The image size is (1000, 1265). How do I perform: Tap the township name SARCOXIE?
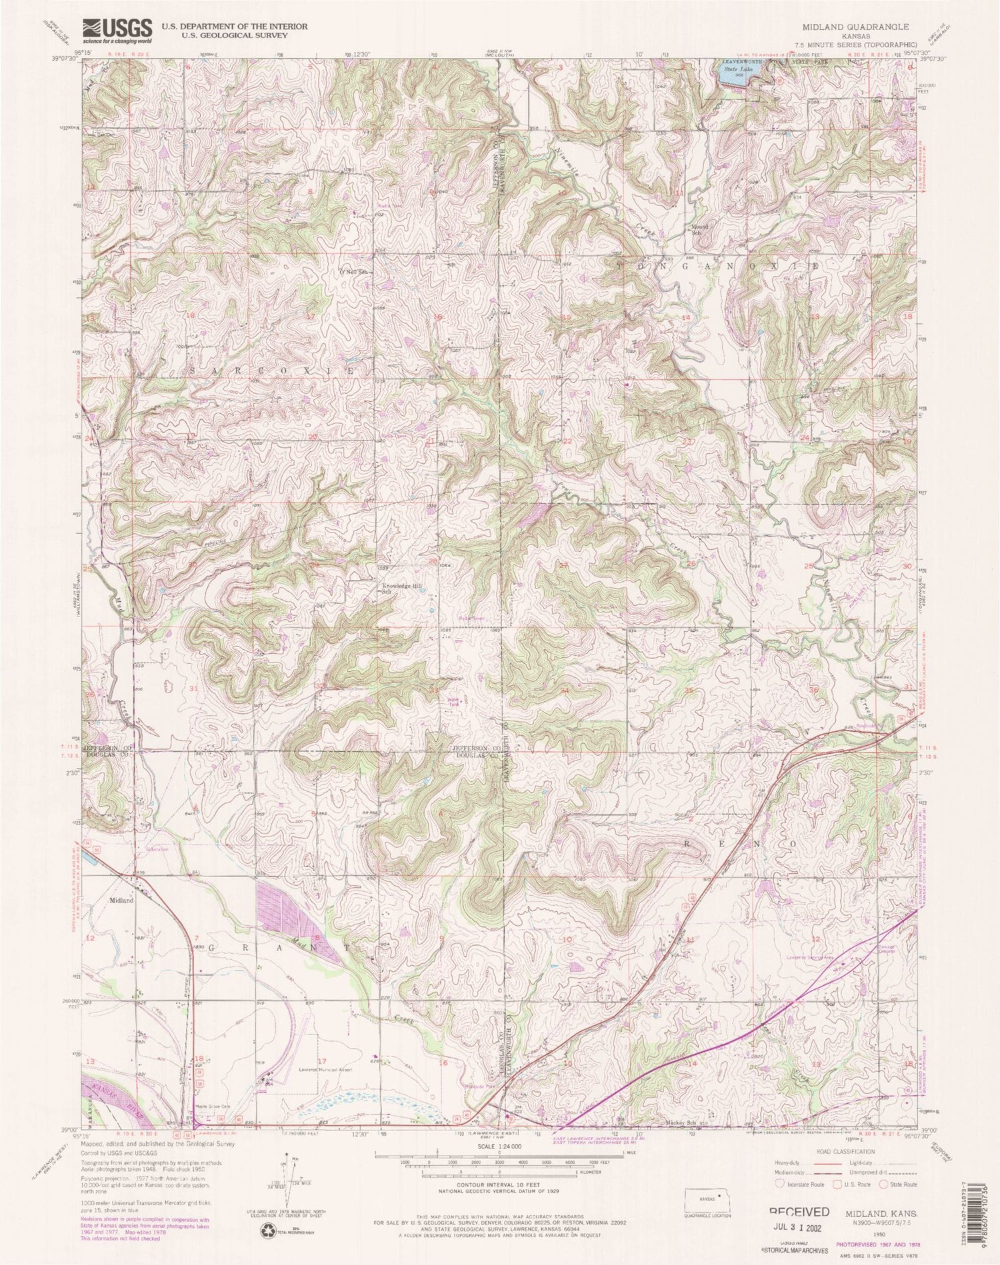(279, 370)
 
